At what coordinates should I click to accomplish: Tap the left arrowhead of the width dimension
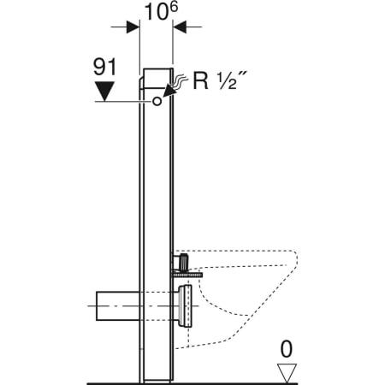click(x=133, y=27)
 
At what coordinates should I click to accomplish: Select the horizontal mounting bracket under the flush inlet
click(x=188, y=273)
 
